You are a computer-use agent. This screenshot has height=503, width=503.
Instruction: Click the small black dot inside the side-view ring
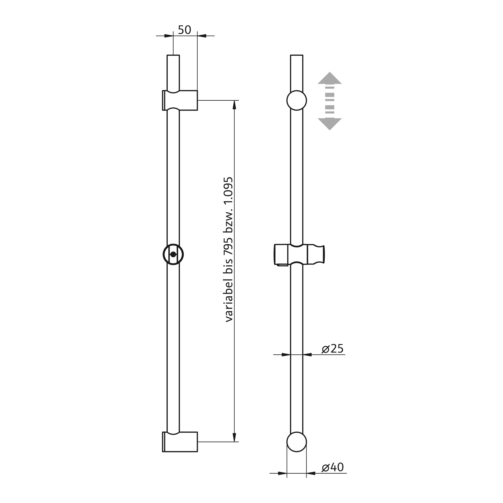tap(173, 254)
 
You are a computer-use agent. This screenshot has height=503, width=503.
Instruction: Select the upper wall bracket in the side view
tap(180, 100)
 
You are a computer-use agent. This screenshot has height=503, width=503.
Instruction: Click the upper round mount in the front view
tap(296, 100)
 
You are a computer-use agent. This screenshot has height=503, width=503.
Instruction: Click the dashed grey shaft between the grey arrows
tap(330, 100)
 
